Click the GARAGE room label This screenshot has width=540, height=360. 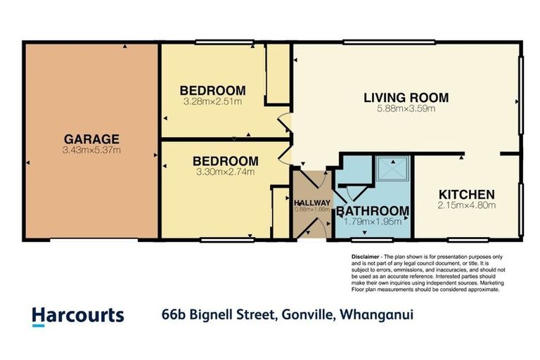coord(91,139)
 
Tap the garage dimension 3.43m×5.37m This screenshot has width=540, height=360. coord(91,150)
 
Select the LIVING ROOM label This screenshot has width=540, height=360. coord(406,98)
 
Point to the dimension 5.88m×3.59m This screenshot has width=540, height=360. coord(406,108)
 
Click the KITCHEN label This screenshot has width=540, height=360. coord(466,195)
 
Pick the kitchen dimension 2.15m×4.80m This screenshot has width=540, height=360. coord(467,205)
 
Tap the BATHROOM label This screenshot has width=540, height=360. coord(372,211)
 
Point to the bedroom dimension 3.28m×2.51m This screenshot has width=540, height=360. coord(212,101)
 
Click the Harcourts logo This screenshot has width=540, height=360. coord(78,316)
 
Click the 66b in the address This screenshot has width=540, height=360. coord(173,315)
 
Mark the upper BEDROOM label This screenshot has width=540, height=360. coord(212,91)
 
